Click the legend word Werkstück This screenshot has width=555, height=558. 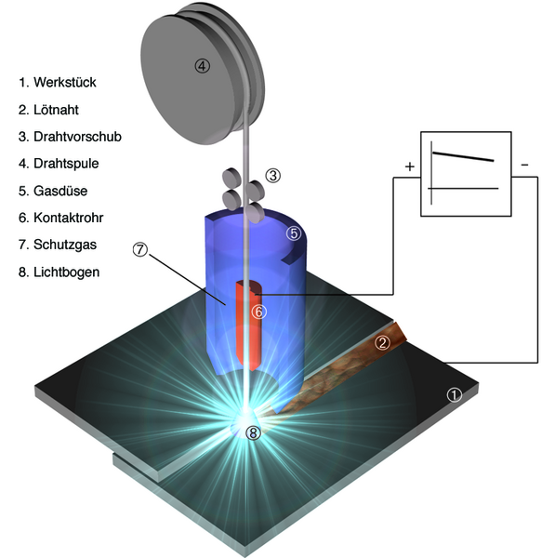pyautogui.click(x=65, y=82)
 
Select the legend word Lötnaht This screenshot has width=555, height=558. pyautogui.click(x=56, y=110)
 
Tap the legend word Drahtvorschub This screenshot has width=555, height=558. pyautogui.click(x=77, y=137)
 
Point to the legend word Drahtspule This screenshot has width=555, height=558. pyautogui.click(x=66, y=164)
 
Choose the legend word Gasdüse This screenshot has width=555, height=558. pyautogui.click(x=60, y=191)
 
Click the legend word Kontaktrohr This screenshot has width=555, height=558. pyautogui.click(x=68, y=218)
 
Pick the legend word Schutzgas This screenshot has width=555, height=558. pyautogui.click(x=65, y=245)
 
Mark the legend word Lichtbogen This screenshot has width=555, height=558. pyautogui.click(x=67, y=272)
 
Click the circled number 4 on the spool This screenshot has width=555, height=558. pyautogui.click(x=202, y=66)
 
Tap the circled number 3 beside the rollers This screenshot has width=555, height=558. pyautogui.click(x=273, y=176)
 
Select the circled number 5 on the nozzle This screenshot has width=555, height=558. pyautogui.click(x=294, y=233)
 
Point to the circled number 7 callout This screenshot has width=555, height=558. pyautogui.click(x=140, y=249)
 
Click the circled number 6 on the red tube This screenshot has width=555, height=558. pyautogui.click(x=258, y=312)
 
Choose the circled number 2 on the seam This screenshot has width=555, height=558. pyautogui.click(x=382, y=342)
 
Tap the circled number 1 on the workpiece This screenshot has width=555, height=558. pyautogui.click(x=455, y=395)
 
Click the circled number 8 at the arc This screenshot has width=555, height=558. pyautogui.click(x=253, y=432)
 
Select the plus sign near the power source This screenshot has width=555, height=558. pyautogui.click(x=410, y=166)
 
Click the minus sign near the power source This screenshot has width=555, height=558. pyautogui.click(x=524, y=165)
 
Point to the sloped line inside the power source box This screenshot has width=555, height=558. pyautogui.click(x=463, y=156)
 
